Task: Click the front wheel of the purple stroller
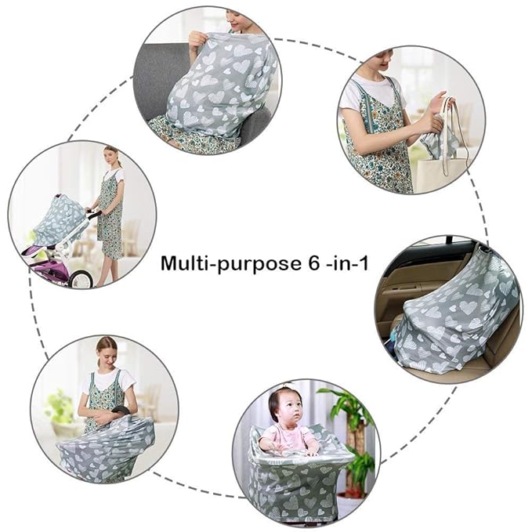point(81,277)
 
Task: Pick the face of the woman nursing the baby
point(107,350)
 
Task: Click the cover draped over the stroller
point(59,219)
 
